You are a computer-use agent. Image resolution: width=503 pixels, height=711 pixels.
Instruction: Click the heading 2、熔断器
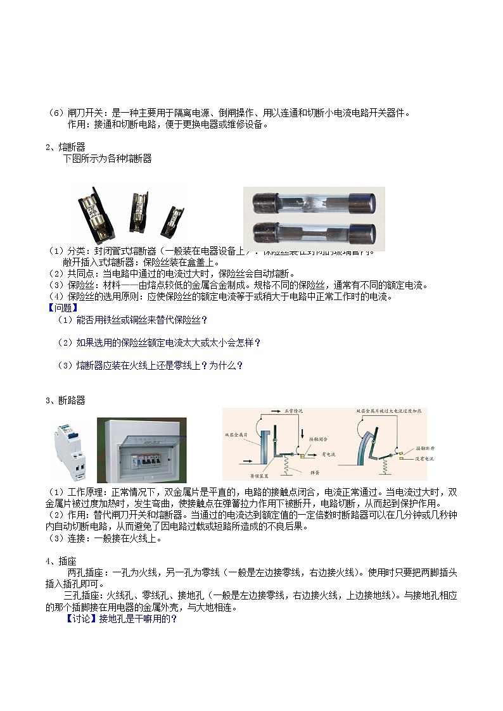[65, 147]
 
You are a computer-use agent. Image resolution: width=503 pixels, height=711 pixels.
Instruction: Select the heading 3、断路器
[65, 400]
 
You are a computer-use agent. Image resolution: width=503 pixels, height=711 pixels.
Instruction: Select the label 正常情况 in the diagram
[295, 412]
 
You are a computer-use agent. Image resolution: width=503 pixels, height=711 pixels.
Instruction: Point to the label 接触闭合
[319, 438]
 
